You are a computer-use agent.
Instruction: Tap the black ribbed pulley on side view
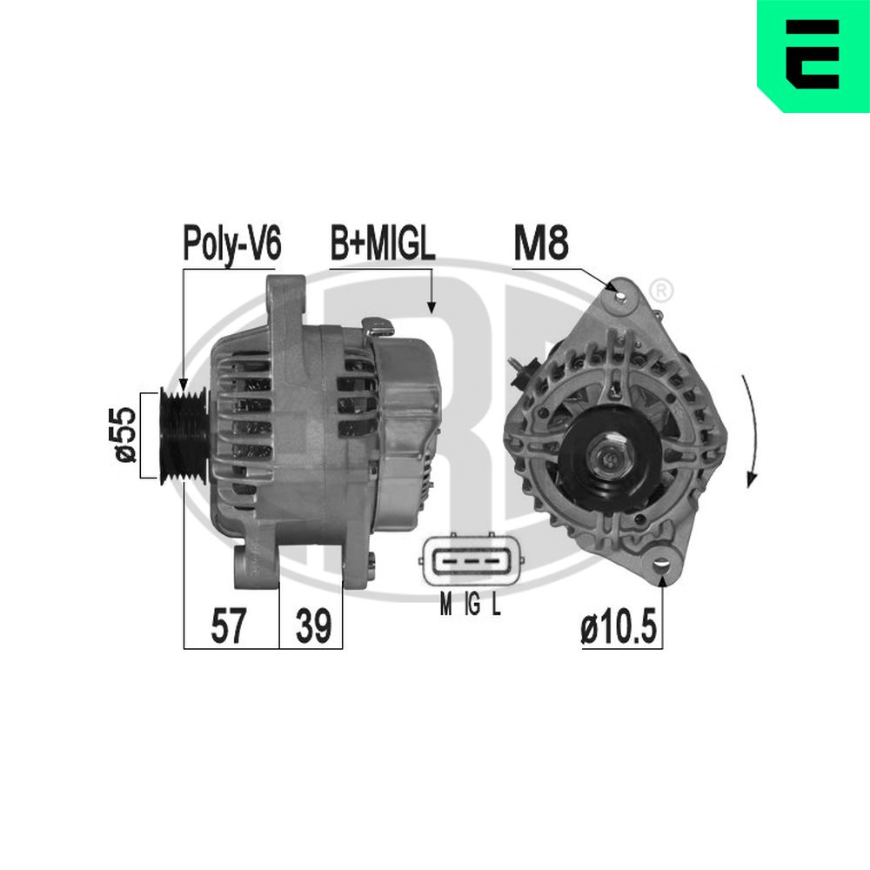(x=184, y=432)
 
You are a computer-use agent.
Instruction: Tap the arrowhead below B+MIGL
(x=430, y=306)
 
